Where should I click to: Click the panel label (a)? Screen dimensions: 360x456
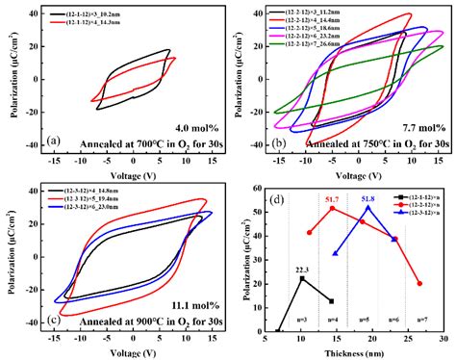pos(56,140)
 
